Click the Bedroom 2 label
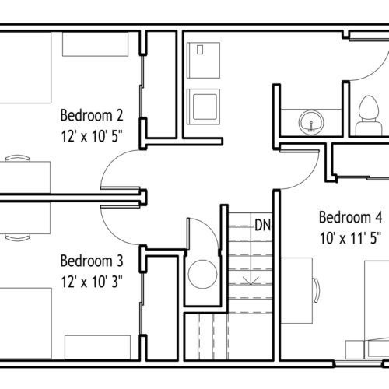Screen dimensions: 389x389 click(92, 115)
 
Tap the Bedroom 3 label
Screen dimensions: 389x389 click(92, 261)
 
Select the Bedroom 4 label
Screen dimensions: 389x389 click(350, 217)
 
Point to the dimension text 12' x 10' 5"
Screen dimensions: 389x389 click(92, 136)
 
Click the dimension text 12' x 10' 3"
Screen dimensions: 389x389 click(92, 282)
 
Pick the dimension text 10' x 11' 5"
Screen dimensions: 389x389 click(350, 238)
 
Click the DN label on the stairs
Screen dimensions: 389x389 click(263, 225)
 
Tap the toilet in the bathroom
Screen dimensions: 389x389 click(369, 116)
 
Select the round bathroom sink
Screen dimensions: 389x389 click(311, 122)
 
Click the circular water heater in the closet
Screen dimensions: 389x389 click(202, 274)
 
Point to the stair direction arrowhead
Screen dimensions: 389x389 click(251, 281)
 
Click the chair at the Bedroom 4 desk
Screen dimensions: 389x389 click(317, 290)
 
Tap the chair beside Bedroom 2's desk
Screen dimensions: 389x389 click(18, 158)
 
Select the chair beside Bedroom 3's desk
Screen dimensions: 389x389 click(18, 237)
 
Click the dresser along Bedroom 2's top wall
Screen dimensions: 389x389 click(96, 44)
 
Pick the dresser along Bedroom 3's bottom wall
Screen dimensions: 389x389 click(97, 347)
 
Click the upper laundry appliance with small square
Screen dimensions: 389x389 click(204, 60)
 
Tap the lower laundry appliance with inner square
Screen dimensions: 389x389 click(204, 107)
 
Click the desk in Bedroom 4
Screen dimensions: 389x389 click(296, 290)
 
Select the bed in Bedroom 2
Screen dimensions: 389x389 click(26, 68)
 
